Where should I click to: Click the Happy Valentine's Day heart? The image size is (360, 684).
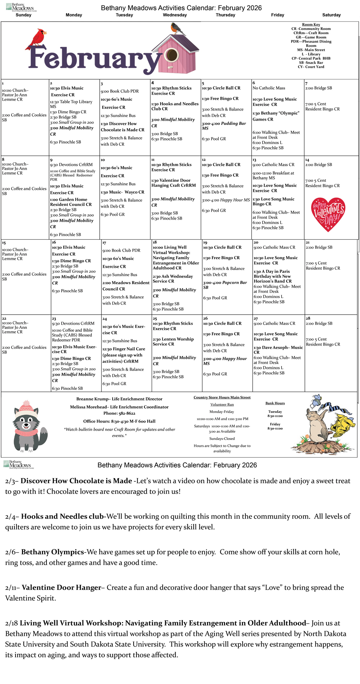pyautogui.click(x=328, y=214)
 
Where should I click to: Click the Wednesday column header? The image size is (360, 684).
pyautogui.click(x=175, y=15)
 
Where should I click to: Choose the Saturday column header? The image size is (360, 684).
pyautogui.click(x=331, y=15)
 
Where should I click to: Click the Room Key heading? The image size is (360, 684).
pyautogui.click(x=311, y=24)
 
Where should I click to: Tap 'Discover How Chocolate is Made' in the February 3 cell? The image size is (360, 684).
pyautogui.click(x=122, y=127)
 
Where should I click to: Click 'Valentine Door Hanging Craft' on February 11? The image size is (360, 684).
pyautogui.click(x=174, y=183)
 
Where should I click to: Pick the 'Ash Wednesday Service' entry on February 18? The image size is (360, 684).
pyautogui.click(x=172, y=279)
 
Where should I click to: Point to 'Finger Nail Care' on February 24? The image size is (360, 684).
pyautogui.click(x=124, y=349)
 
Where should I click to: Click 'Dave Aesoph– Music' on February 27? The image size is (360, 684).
pyautogui.click(x=278, y=348)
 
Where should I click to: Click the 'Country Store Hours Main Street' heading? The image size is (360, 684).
pyautogui.click(x=222, y=397)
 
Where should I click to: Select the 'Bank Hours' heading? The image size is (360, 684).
pyautogui.click(x=275, y=403)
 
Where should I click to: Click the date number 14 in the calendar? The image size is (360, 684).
pyautogui.click(x=307, y=160)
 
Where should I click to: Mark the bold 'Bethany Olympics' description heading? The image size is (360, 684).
pyautogui.click(x=53, y=552)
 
